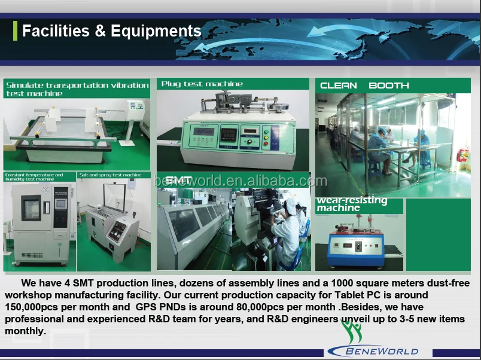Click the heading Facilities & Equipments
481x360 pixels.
pyautogui.click(x=111, y=31)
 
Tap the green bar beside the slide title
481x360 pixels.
pyautogui.click(x=15, y=30)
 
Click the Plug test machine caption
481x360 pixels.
pyautogui.click(x=202, y=84)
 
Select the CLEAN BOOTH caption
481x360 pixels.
pyautogui.click(x=364, y=86)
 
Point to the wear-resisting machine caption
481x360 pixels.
pyautogui.click(x=352, y=204)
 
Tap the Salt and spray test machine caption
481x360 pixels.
pyautogui.click(x=110, y=175)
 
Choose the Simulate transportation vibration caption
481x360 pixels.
pyautogui.click(x=77, y=89)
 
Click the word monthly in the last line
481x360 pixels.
pyautogui.click(x=25, y=331)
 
